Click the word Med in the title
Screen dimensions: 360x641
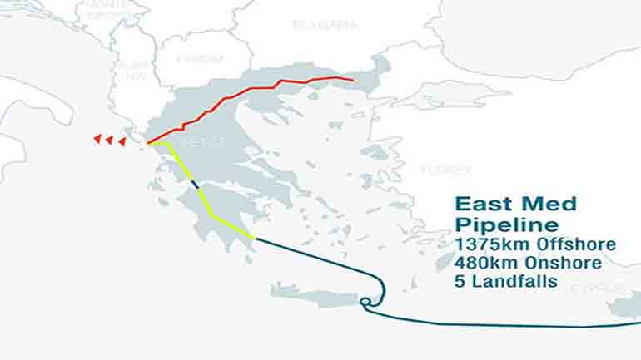pos(546,205)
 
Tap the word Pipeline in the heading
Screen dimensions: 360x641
pos(508,224)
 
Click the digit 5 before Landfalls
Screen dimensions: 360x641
pos(461,281)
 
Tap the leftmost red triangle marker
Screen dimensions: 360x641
pos(97,138)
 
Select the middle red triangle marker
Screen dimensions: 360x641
pos(109,140)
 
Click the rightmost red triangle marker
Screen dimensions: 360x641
pos(122,141)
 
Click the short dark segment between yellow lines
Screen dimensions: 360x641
pos(195,185)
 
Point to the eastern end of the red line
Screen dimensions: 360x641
pos(353,81)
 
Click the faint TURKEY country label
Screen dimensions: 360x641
pos(445,170)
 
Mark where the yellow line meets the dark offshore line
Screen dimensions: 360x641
pos(255,239)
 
